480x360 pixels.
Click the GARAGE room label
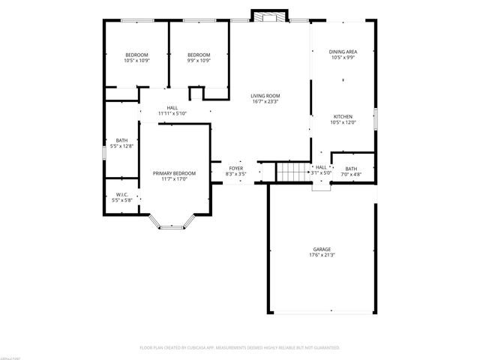pos(322,249)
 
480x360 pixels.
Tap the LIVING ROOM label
pos(265,96)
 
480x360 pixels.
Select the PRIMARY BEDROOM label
pos(169,173)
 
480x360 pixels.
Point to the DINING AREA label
pos(343,52)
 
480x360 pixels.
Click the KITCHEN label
pos(343,117)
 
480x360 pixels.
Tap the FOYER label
pos(235,168)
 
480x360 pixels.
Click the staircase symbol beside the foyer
pos(292,172)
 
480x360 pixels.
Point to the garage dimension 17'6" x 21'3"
pos(322,255)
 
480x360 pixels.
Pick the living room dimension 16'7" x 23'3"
pos(265,101)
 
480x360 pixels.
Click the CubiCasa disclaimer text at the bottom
pos(240,348)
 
